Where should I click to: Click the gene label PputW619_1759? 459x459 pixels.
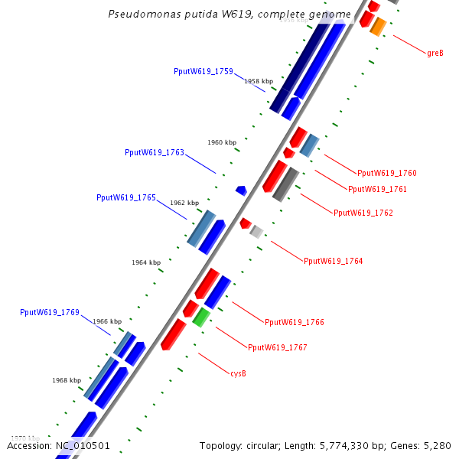[x=203, y=71]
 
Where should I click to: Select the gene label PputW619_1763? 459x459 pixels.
[x=155, y=152]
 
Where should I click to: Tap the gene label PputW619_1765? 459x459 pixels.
[x=126, y=197]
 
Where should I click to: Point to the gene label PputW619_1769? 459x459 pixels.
[x=50, y=312]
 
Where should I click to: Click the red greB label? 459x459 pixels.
[x=435, y=53]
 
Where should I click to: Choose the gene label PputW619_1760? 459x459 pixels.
[x=387, y=173]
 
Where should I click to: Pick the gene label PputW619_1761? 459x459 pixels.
[x=378, y=189]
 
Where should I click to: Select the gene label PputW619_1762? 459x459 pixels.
[x=363, y=213]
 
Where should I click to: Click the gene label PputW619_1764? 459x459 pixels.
[x=334, y=261]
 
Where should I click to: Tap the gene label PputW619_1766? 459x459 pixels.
[x=295, y=322]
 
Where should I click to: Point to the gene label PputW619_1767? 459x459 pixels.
[x=278, y=347]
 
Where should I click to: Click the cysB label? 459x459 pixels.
[x=238, y=373]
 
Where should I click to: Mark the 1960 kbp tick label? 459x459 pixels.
[x=222, y=142]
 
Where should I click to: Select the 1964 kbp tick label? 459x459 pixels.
[x=146, y=262]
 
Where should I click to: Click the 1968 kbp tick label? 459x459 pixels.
[x=67, y=380]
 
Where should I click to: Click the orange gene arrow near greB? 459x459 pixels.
[x=378, y=27]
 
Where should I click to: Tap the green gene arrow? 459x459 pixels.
[x=201, y=317]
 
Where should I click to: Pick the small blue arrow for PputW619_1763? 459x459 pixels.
[x=241, y=190]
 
